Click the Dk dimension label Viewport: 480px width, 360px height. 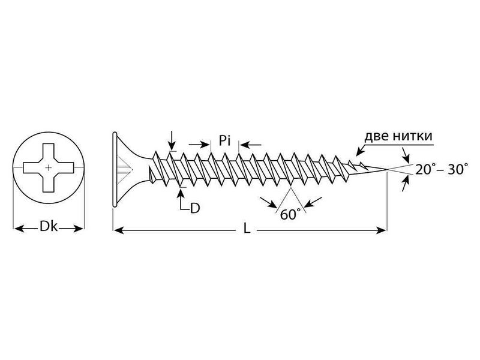[48, 228]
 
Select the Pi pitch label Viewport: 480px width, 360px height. [225, 142]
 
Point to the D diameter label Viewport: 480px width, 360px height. [194, 209]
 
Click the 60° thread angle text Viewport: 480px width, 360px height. [290, 215]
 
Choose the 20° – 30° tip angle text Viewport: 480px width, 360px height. [442, 170]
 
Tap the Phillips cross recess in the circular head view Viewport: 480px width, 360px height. [48, 165]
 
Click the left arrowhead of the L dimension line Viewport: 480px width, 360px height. [118, 229]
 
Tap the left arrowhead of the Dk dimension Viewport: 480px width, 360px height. [16, 228]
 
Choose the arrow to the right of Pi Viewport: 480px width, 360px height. [243, 144]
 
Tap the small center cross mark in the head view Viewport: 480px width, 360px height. [48, 165]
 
